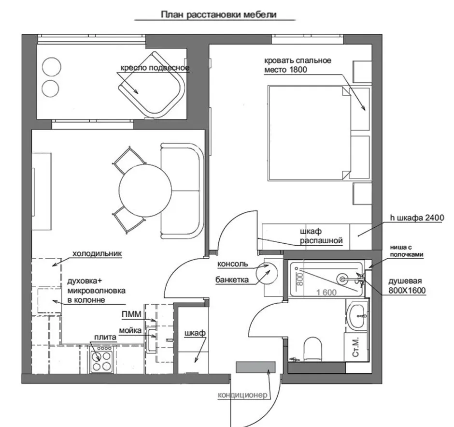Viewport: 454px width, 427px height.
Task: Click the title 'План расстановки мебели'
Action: click(219, 15)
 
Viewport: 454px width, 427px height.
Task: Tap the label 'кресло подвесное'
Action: click(155, 68)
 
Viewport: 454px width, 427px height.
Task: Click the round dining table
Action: click(144, 190)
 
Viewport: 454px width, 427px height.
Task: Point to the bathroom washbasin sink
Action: click(358, 316)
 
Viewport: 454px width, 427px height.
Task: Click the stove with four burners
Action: click(101, 359)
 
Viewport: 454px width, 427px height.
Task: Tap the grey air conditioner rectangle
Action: click(255, 367)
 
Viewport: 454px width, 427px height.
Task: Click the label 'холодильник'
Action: click(97, 254)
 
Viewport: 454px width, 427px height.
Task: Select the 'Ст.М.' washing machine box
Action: click(356, 347)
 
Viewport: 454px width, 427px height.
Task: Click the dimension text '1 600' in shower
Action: click(326, 293)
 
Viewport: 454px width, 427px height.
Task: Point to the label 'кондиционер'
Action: click(242, 395)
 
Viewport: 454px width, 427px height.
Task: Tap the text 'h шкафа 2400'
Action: click(417, 218)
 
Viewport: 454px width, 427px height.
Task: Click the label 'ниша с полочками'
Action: click(407, 251)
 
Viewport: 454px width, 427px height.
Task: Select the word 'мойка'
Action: click(130, 330)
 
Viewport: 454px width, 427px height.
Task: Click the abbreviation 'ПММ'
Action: click(131, 314)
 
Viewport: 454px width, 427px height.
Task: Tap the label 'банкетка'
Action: click(232, 280)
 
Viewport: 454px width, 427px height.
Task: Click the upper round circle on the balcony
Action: click(52, 67)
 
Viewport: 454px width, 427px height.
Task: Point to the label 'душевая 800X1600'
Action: click(407, 285)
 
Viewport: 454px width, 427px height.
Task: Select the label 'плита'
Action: click(105, 338)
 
